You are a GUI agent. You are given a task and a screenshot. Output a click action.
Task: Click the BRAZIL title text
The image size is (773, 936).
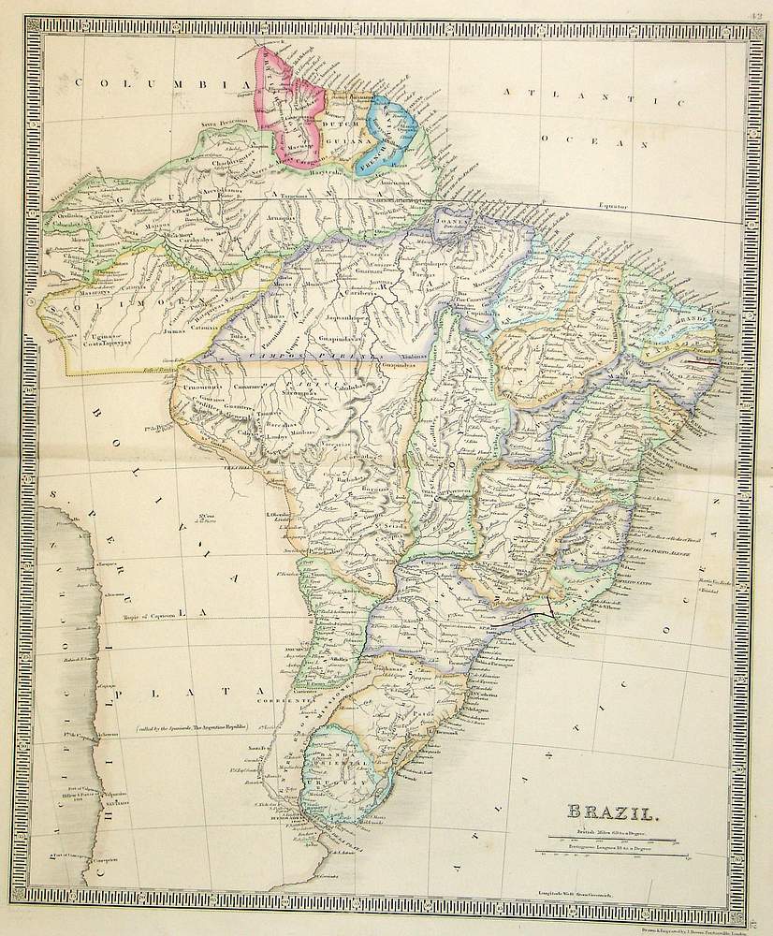pyautogui.click(x=612, y=815)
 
